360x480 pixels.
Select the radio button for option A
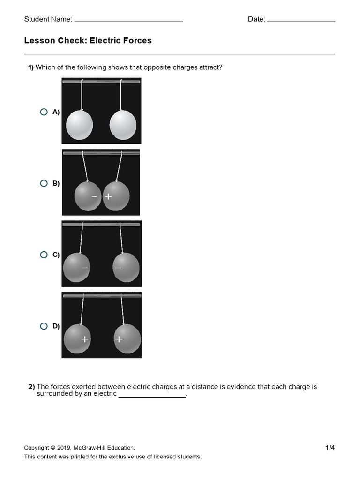[44, 112]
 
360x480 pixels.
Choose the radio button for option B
[44, 183]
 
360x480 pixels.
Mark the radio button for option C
[44, 255]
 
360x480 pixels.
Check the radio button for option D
[44, 326]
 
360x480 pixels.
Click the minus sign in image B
[94, 196]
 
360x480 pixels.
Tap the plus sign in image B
[108, 196]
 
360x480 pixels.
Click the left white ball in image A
[79, 125]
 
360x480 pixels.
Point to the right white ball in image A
[123, 125]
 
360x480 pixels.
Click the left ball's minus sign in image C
[85, 268]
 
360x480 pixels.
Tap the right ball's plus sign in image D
[119, 339]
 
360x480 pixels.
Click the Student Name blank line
[128, 21]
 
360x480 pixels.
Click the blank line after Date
[301, 21]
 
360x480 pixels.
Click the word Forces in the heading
[137, 41]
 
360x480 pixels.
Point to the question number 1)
[31, 67]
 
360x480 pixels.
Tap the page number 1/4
[330, 448]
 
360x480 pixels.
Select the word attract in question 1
[211, 67]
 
